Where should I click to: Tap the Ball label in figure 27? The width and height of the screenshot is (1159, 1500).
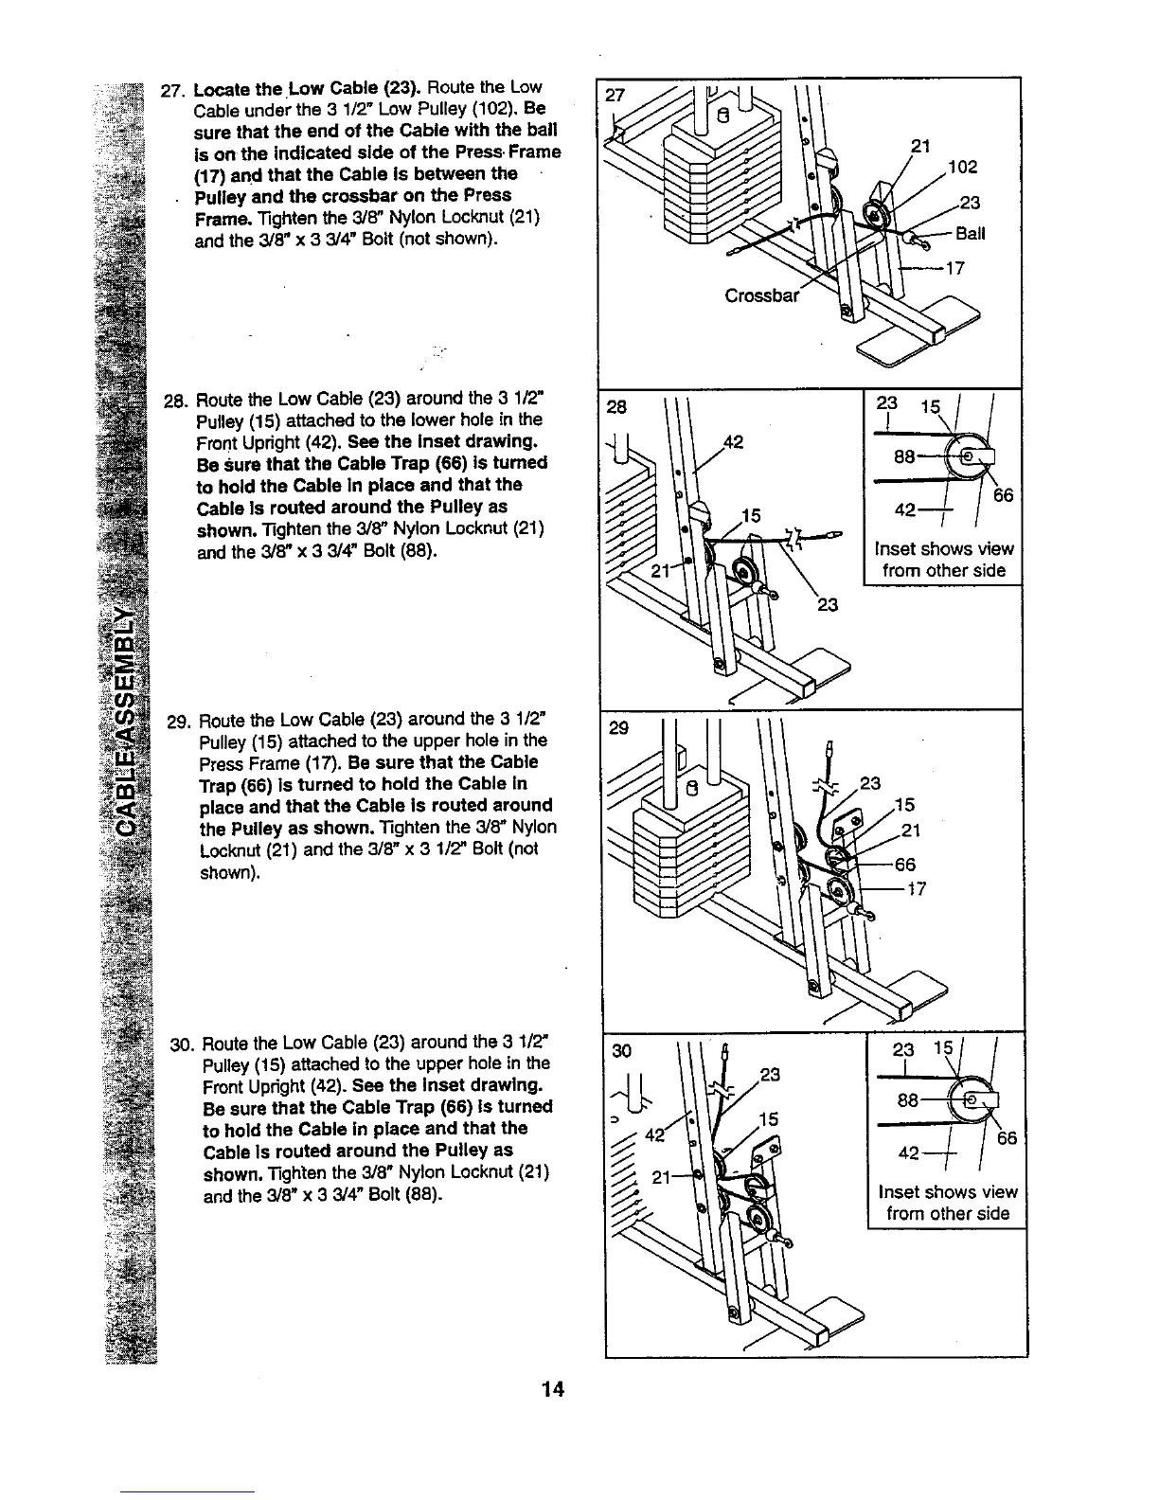(x=970, y=234)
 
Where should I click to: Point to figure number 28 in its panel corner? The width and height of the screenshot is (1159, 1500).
(x=616, y=407)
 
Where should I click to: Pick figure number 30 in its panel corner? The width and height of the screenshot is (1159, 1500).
(x=620, y=1050)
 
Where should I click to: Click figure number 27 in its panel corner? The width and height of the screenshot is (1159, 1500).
(x=615, y=97)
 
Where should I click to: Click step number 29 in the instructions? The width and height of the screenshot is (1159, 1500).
(x=176, y=720)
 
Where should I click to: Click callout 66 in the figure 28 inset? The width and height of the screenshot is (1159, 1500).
(x=1003, y=494)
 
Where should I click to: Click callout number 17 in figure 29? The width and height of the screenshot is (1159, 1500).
(x=916, y=888)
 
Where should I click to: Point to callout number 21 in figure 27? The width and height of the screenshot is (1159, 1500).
(x=918, y=145)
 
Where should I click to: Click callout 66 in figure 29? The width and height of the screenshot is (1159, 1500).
(x=905, y=864)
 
